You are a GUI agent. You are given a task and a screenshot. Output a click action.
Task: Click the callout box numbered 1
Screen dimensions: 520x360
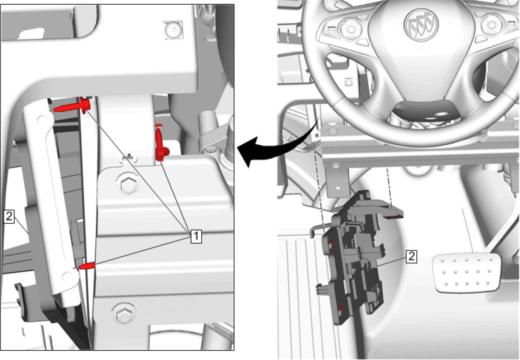click(x=196, y=236)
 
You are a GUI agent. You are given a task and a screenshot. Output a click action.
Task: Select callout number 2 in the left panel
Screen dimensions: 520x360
click(x=9, y=217)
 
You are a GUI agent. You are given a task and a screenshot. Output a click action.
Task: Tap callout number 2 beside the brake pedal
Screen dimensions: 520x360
click(x=411, y=256)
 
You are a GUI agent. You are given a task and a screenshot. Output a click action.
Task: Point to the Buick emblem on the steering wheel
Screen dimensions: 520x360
click(x=421, y=25)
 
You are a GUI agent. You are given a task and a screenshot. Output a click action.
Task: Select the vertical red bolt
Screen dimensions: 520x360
click(x=161, y=142)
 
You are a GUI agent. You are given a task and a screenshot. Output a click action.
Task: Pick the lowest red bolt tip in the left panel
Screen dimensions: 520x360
click(x=87, y=266)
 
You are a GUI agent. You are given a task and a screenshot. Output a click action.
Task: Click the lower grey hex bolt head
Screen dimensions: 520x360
click(x=123, y=314)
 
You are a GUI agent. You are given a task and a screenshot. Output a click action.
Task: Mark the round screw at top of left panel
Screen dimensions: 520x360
click(x=173, y=30)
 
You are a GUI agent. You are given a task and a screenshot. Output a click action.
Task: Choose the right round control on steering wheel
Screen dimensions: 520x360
click(x=492, y=25)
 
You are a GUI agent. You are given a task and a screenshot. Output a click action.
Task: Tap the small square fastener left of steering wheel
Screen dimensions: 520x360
click(x=348, y=82)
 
